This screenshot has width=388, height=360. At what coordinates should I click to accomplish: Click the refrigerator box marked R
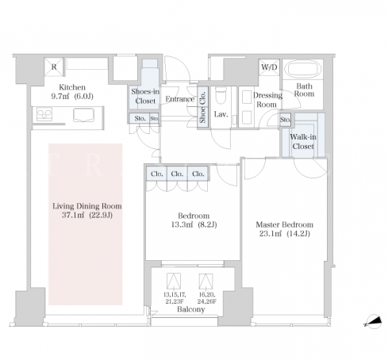pyautogui.click(x=54, y=67)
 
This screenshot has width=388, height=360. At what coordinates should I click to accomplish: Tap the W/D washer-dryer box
pyautogui.click(x=269, y=67)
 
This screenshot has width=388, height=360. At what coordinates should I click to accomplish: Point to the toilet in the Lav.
pyautogui.click(x=221, y=96)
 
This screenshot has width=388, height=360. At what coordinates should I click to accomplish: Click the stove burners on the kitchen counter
pyautogui.click(x=44, y=114)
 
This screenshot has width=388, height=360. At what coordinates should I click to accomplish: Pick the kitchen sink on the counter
pyautogui.click(x=83, y=115)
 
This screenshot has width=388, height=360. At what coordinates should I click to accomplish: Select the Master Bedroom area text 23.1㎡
pyautogui.click(x=270, y=234)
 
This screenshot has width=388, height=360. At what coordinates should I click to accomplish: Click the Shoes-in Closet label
pyautogui.click(x=145, y=96)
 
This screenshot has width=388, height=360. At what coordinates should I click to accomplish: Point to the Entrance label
pyautogui.click(x=180, y=99)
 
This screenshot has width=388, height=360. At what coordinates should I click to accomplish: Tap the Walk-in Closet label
pyautogui.click(x=303, y=141)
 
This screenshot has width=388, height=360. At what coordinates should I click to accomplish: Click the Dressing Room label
pyautogui.click(x=267, y=100)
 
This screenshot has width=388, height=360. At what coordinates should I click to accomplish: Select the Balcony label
pyautogui.click(x=191, y=309)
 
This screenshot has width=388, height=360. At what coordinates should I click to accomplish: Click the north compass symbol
pyautogui.click(x=374, y=322)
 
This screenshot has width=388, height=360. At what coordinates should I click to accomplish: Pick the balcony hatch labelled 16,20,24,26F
pyautogui.click(x=206, y=281)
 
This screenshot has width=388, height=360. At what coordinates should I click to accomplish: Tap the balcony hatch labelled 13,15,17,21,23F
pyautogui.click(x=174, y=281)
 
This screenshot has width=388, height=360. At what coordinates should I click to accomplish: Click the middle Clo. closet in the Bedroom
pyautogui.click(x=177, y=174)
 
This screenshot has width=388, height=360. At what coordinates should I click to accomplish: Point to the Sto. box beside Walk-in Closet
pyautogui.click(x=285, y=120)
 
